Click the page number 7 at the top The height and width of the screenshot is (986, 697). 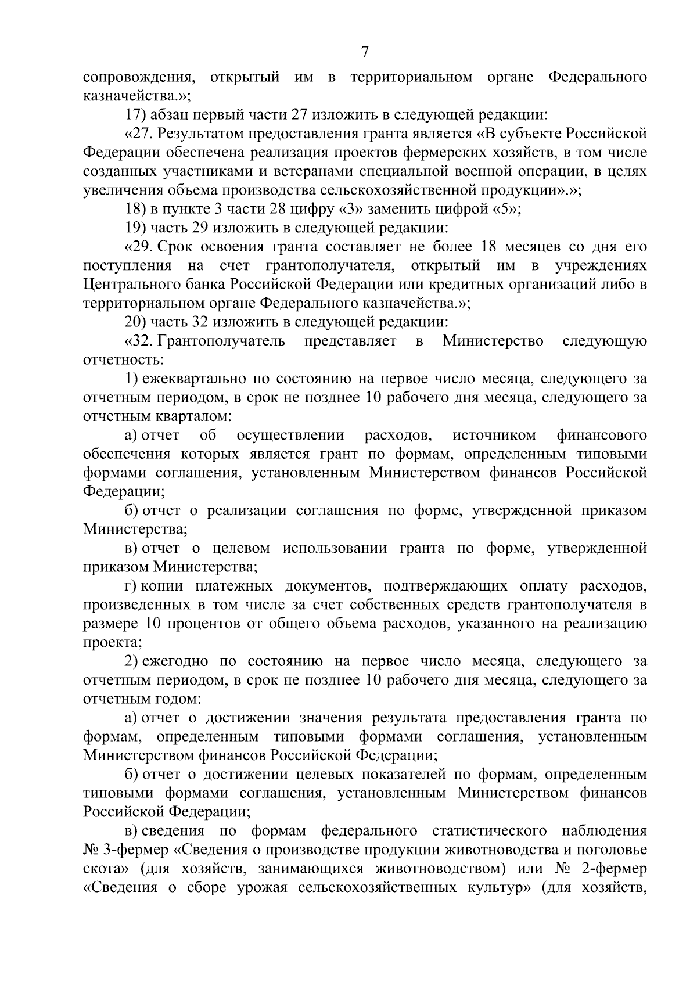click(x=364, y=52)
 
